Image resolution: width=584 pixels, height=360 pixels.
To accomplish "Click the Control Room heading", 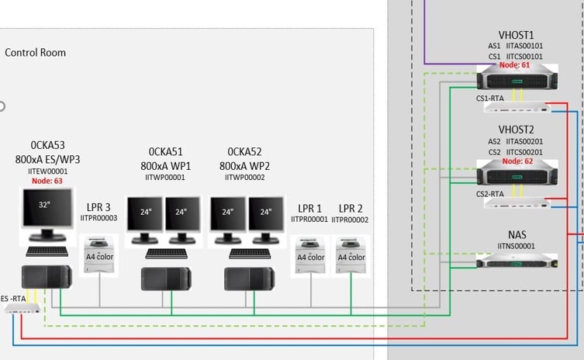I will coord(36,53).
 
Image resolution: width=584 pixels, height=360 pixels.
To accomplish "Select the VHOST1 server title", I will coord(516,35).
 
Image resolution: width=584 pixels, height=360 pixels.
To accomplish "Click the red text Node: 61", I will coord(516,65).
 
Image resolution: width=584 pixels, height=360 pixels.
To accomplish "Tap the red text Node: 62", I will coord(516,161).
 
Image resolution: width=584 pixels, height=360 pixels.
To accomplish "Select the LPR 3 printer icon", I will coord(99,257).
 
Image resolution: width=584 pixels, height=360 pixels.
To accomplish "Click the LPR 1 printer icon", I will coord(311,257).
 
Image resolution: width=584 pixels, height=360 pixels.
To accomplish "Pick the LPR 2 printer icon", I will coord(351,257).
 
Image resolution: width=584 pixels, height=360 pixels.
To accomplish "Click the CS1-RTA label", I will coord(491,99).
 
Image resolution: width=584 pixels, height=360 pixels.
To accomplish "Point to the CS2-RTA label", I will coord(491,194).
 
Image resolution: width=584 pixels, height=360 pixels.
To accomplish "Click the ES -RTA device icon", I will coord(22,308).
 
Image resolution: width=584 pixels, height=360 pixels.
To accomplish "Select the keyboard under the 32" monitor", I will coord(48,251).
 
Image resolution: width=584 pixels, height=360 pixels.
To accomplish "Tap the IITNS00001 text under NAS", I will coord(516,246).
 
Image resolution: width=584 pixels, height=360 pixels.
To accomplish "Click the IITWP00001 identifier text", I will coord(165,178).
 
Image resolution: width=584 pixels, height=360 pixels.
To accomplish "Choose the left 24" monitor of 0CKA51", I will coord(147,215).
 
